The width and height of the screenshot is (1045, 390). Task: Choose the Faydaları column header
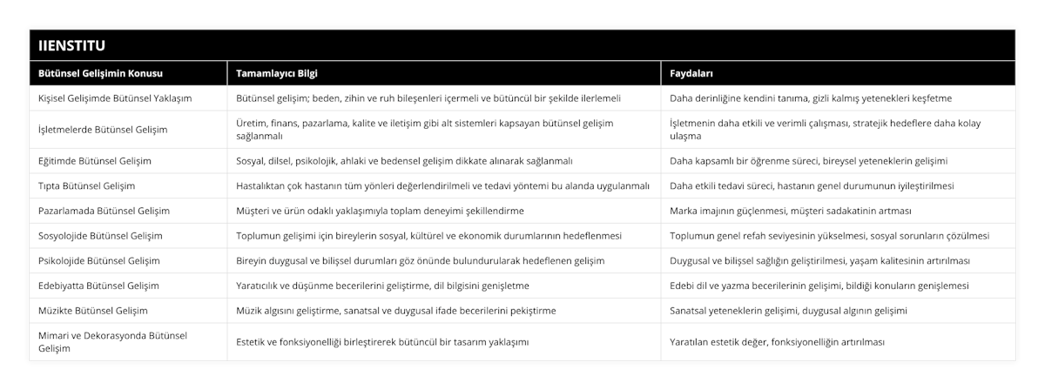click(693, 73)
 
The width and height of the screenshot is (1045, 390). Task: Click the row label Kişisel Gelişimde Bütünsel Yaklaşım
click(116, 98)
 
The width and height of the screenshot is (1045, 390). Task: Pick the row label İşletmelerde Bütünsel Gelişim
click(103, 130)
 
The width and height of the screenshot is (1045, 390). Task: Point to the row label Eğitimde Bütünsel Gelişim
click(96, 161)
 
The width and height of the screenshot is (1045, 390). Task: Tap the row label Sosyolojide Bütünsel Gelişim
click(101, 236)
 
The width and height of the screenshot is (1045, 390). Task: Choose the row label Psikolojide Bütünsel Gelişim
click(99, 260)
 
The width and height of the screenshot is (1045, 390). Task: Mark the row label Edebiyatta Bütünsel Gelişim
click(99, 286)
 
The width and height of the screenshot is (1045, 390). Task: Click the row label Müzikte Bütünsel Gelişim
click(94, 311)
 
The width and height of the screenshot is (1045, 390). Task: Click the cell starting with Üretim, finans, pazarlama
click(425, 130)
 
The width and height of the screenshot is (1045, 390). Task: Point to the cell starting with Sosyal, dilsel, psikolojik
click(404, 161)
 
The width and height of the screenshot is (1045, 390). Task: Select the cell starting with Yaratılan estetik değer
click(777, 342)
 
